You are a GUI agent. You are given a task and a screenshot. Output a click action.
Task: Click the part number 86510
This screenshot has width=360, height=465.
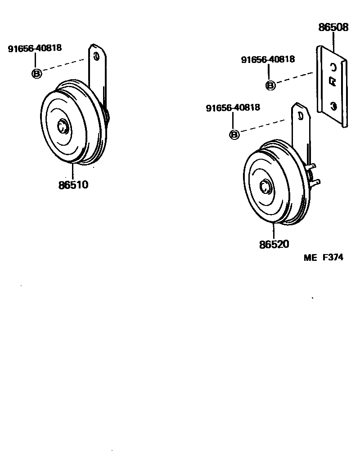point(73,184)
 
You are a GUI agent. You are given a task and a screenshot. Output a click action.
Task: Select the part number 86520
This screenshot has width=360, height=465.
point(274,244)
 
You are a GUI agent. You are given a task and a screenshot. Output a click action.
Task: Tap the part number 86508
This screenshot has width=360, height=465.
point(333,27)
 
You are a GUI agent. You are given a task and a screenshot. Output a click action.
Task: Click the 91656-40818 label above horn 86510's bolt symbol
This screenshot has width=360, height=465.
point(35,49)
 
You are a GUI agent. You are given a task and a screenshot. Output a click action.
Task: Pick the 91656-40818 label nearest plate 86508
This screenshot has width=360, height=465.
point(268,60)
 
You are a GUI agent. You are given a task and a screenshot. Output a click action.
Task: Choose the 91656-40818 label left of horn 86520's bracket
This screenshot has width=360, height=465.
point(233,108)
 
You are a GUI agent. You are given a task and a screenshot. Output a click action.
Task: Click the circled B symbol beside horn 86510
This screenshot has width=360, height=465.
point(36,73)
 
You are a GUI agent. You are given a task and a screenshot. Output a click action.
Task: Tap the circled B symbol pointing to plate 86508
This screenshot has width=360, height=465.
point(270,85)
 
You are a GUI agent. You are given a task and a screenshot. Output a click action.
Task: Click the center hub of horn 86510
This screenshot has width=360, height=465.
point(63,126)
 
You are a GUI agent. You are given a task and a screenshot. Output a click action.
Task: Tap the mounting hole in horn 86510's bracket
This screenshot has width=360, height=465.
point(96,56)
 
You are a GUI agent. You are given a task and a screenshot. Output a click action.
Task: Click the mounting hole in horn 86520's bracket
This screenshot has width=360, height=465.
point(299,115)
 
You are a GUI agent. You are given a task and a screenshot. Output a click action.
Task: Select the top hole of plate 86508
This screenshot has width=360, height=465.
point(333,67)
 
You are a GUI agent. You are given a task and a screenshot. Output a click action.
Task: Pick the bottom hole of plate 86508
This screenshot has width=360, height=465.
point(333,106)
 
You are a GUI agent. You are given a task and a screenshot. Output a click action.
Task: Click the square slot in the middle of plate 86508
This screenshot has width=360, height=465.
point(332,81)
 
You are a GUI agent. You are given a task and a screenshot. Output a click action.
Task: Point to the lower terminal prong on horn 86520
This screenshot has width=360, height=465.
point(315,183)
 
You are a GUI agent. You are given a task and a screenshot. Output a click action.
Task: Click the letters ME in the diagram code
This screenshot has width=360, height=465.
point(310,258)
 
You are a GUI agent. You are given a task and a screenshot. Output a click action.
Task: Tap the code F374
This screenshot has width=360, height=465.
point(333,258)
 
